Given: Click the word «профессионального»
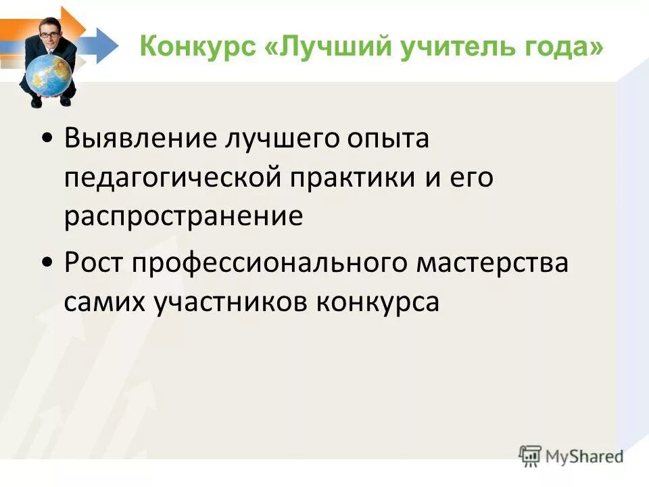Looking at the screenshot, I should click(268, 264).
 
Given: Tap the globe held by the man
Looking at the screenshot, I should click(49, 74).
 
